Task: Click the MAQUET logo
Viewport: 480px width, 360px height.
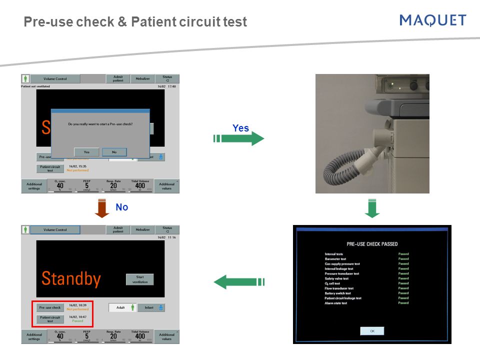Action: tap(433, 20)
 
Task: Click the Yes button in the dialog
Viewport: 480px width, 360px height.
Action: tap(86, 152)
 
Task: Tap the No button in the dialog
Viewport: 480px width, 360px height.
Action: tap(114, 152)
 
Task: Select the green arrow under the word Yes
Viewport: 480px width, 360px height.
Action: tap(239, 138)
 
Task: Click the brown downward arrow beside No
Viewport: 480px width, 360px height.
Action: tap(102, 208)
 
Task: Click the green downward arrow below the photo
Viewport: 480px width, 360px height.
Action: tap(372, 208)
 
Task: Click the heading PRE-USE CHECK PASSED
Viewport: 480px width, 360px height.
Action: tap(372, 244)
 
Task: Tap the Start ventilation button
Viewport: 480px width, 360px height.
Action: tap(139, 279)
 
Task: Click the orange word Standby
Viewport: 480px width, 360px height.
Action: tap(71, 278)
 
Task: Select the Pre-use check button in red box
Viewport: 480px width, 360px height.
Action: tap(50, 307)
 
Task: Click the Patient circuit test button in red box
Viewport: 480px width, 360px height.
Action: tap(50, 319)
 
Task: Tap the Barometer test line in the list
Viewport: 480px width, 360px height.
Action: tap(336, 259)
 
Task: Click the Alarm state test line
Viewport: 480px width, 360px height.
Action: tap(336, 303)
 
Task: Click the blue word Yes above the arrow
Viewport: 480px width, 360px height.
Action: tap(240, 128)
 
